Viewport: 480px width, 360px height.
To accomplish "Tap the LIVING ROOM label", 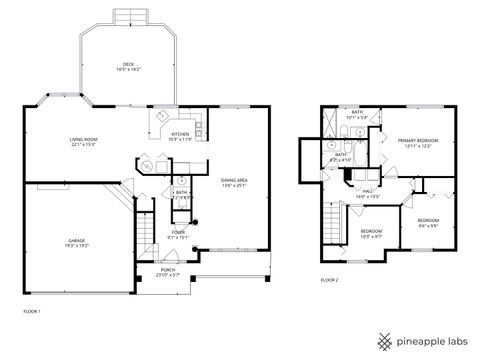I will click(x=82, y=142).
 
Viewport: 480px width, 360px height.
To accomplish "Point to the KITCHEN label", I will click(x=180, y=135).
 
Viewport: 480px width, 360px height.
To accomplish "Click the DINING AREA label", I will click(x=235, y=181).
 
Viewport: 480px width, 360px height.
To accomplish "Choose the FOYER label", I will click(x=178, y=234).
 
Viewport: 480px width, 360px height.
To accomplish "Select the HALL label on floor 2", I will click(x=368, y=193).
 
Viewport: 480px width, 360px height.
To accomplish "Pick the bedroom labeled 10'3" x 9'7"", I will click(x=371, y=234).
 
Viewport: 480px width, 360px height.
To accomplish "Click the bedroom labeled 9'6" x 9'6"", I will click(x=428, y=222).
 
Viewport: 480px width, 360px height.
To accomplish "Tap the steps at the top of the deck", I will click(x=127, y=17).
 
